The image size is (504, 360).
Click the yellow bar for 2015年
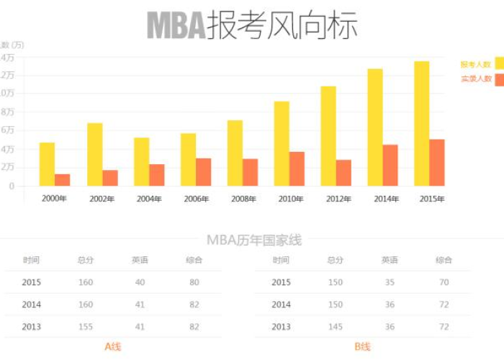[421, 123]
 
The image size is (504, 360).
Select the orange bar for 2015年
[437, 162]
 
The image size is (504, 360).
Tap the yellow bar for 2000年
[47, 164]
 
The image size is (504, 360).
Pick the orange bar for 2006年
[204, 172]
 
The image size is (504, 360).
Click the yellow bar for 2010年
[282, 143]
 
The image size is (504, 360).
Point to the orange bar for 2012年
[343, 173]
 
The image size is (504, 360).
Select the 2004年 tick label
[148, 199]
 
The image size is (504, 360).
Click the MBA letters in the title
[176, 26]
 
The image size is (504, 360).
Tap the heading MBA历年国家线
[254, 240]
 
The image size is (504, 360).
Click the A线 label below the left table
[113, 347]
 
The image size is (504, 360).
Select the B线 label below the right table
[362, 347]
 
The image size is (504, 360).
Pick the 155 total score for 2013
[86, 327]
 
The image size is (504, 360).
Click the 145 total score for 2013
[336, 327]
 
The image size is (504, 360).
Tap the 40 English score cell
[140, 282]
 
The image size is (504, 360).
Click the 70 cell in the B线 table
[444, 282]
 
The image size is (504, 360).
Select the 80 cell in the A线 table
[194, 282]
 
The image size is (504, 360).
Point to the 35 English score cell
[390, 282]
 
